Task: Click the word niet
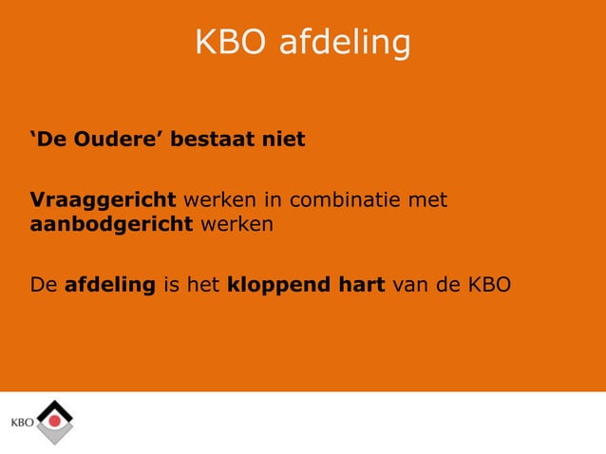tap(284, 141)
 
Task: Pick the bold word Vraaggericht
tap(103, 200)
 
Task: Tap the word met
tap(426, 200)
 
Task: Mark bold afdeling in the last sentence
tap(110, 284)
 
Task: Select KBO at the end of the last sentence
tap(489, 284)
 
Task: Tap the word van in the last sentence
tap(411, 284)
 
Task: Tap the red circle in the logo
tap(55, 419)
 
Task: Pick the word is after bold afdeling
tap(172, 284)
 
